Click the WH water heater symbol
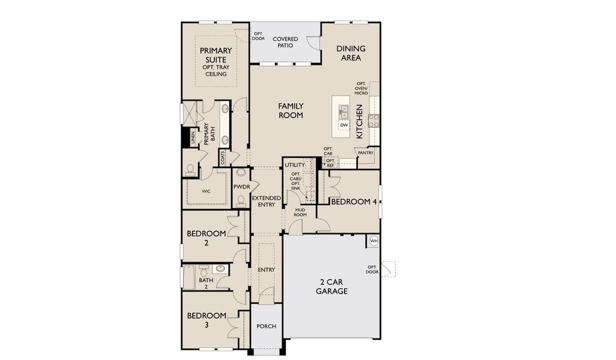point(373,241)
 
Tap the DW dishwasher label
point(344,125)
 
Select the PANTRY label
point(366,153)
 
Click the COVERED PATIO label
point(285,42)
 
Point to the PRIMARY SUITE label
point(216,55)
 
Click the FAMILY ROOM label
point(291,111)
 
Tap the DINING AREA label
point(351,53)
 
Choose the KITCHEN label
point(359,121)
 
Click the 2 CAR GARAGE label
point(331,287)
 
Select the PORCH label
point(267,326)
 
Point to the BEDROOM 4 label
point(354,202)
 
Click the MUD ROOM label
point(300,212)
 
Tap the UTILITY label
point(295,165)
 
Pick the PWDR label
point(241,187)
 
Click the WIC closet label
point(206,191)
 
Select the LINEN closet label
point(193,138)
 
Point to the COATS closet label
point(223,158)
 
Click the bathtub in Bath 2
point(189,277)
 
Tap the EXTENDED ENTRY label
point(267,202)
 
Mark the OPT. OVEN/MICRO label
point(361,88)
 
